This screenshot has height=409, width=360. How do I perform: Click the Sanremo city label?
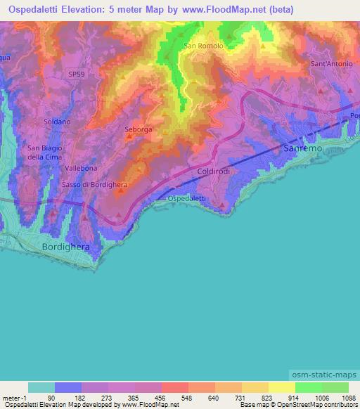coord(302,150)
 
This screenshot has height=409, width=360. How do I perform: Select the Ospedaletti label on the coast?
coord(187,199)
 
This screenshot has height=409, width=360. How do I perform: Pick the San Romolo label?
coord(203,46)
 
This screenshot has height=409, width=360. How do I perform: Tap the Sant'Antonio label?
coord(330,64)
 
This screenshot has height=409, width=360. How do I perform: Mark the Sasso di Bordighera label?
coord(93,184)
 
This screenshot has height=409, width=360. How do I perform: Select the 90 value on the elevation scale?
coord(51,396)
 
